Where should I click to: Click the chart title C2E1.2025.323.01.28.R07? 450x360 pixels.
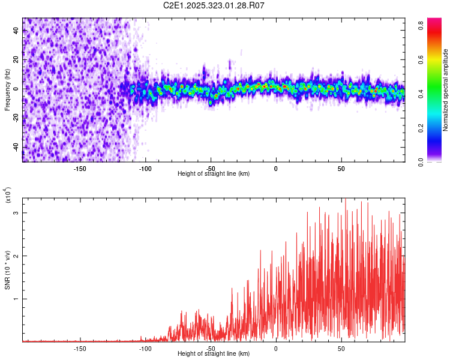click(x=214, y=5)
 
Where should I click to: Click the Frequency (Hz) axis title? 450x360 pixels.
click(x=7, y=89)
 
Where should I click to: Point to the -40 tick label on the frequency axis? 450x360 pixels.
click(x=16, y=146)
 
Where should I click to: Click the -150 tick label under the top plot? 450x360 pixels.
click(x=80, y=168)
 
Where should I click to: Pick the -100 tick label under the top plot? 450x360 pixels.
click(x=145, y=168)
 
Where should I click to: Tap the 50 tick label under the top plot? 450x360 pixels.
click(x=341, y=168)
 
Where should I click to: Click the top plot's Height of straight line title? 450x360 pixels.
click(x=214, y=174)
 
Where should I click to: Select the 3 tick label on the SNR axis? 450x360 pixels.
click(x=16, y=213)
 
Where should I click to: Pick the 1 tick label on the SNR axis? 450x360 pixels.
click(x=16, y=299)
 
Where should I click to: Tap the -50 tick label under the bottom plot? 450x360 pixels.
click(x=211, y=348)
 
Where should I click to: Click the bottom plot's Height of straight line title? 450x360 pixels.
click(x=214, y=354)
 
